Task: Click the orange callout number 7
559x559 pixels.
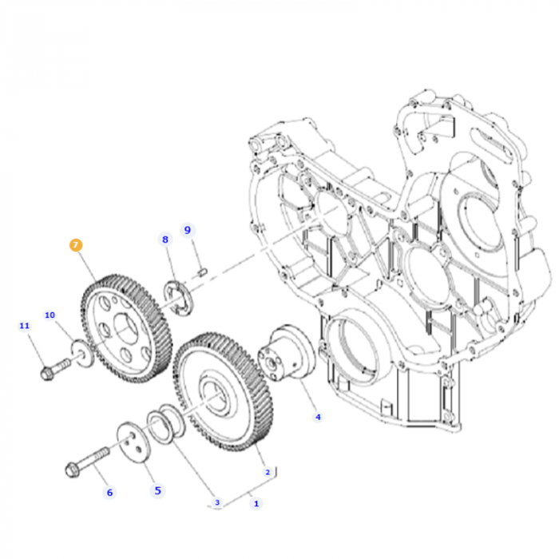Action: click(x=76, y=245)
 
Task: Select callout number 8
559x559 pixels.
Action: click(x=165, y=239)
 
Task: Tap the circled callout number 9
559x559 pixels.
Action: click(x=188, y=230)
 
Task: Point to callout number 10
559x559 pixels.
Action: click(x=50, y=315)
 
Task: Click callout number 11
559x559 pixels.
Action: click(x=24, y=326)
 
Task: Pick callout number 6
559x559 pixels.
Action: click(x=110, y=492)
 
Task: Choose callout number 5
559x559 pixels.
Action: click(x=157, y=490)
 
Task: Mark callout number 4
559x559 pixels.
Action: click(x=317, y=416)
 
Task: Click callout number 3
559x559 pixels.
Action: click(x=216, y=502)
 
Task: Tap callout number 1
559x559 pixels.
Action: click(x=256, y=503)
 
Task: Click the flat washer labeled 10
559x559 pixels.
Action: click(x=81, y=352)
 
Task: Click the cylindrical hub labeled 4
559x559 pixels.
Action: click(x=286, y=355)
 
